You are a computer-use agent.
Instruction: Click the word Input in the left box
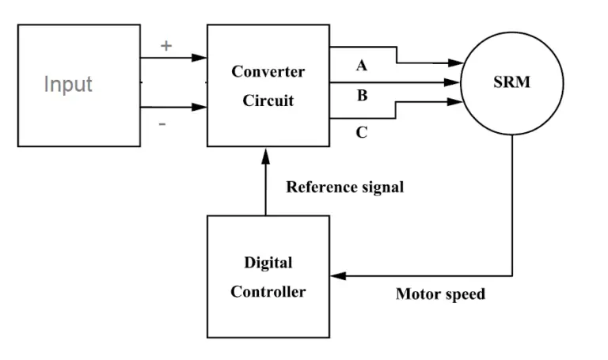pos(68,84)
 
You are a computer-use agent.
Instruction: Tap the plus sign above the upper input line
pos(166,46)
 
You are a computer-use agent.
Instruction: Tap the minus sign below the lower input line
pos(162,124)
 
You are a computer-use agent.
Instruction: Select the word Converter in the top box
pos(268,71)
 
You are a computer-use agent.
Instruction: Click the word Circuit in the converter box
pos(268,100)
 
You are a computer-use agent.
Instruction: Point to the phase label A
pos(362,66)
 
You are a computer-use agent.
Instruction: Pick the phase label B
pos(362,96)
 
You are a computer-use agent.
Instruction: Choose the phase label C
pos(362,132)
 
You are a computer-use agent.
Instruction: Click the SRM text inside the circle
pos(511,81)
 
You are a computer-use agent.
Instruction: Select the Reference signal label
pos(344,188)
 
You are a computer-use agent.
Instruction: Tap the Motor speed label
pos(440,294)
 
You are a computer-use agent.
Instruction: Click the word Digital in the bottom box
pos(268,263)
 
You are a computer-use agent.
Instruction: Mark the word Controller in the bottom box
pos(268,292)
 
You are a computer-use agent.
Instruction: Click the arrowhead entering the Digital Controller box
pos(336,276)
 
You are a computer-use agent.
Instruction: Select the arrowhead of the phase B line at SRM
pos(454,81)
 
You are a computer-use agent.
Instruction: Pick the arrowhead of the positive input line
pos(201,57)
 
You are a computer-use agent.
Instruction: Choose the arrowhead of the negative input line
pos(201,107)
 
